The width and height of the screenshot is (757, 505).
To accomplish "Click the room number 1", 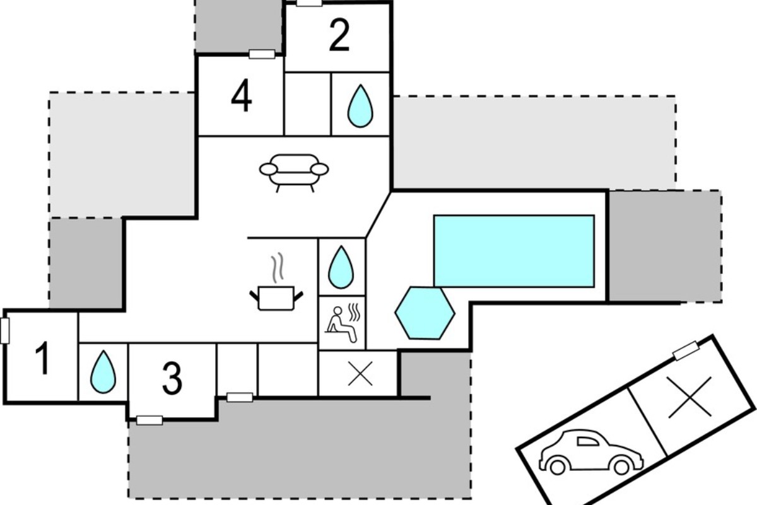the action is [43, 358].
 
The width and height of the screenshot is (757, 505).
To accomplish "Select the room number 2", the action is [339, 35].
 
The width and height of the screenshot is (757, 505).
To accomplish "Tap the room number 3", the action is [172, 378].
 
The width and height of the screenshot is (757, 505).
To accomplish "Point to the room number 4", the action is [241, 95].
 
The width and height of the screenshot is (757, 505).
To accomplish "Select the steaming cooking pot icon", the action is [276, 282].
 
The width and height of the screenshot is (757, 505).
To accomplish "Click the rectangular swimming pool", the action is [514, 251].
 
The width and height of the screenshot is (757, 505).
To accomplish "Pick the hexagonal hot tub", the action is [425, 313].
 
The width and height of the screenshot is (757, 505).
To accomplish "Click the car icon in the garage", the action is [591, 452].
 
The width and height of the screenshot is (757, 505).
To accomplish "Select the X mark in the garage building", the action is [690, 398].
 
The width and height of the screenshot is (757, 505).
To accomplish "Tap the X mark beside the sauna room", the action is [360, 374].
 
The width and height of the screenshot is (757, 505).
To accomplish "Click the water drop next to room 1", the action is [103, 372].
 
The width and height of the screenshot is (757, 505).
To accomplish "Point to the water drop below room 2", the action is [360, 106].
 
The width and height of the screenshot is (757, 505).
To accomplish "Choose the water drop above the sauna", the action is [341, 267].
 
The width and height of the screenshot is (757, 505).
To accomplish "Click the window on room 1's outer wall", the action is [5, 331].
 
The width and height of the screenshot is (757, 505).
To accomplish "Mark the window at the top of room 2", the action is [309, 3].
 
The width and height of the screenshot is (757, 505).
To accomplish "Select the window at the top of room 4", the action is [262, 54].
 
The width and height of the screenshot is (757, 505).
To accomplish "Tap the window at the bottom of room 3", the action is [150, 420].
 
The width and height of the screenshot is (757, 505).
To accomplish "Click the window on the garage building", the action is [686, 351].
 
